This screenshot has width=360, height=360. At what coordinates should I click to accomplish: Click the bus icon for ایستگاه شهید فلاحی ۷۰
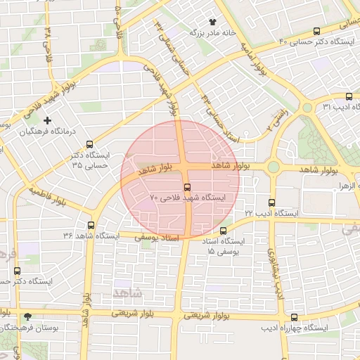click(187, 187)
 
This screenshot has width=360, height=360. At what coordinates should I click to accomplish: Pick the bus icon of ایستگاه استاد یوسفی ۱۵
click(224, 231)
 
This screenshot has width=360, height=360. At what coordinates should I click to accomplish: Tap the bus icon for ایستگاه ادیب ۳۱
click(349, 96)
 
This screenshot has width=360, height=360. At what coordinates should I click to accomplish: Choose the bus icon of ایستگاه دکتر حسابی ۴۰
click(316, 32)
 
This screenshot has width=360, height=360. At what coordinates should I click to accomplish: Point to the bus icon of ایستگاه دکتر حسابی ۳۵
click(89, 144)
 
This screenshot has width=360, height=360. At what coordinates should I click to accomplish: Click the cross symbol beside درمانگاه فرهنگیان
click(47, 120)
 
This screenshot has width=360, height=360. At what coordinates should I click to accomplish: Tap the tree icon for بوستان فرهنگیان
click(27, 317)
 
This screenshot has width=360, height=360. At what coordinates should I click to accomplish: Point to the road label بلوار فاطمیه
click(49, 195)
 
